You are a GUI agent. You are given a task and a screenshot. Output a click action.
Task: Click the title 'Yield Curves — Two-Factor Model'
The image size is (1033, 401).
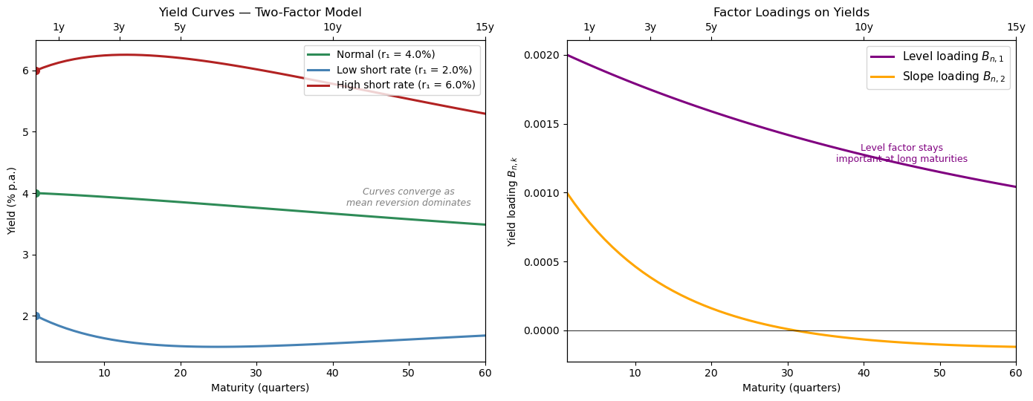(260, 13)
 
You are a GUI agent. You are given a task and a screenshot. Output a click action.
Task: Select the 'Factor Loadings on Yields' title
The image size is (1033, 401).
(791, 13)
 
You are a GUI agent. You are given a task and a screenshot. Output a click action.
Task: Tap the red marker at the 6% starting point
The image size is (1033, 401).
(36, 71)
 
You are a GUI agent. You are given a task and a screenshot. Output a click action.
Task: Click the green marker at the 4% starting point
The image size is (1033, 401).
(36, 193)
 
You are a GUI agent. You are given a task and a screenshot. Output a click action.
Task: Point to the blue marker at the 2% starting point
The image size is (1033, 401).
(36, 316)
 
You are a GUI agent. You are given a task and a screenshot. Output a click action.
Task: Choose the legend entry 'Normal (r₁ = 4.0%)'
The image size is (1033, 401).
(385, 54)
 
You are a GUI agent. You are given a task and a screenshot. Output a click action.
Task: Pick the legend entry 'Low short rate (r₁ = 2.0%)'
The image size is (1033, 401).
(404, 70)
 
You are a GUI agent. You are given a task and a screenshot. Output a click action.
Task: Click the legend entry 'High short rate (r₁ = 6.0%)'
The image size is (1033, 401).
(405, 85)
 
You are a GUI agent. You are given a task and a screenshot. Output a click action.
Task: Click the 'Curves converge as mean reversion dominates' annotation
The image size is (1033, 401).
(408, 197)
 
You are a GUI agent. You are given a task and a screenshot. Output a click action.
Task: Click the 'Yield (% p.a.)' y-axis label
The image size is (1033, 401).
(12, 200)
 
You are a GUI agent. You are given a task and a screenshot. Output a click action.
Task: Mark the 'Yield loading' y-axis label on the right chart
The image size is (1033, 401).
(513, 200)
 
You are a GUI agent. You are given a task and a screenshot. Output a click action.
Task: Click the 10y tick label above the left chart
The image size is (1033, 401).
(332, 27)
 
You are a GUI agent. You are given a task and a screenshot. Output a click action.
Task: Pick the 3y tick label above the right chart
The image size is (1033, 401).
(650, 27)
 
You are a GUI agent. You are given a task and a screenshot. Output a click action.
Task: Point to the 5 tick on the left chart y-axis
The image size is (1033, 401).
(25, 131)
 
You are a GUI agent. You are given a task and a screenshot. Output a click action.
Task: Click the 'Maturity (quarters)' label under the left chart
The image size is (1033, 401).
(260, 388)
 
